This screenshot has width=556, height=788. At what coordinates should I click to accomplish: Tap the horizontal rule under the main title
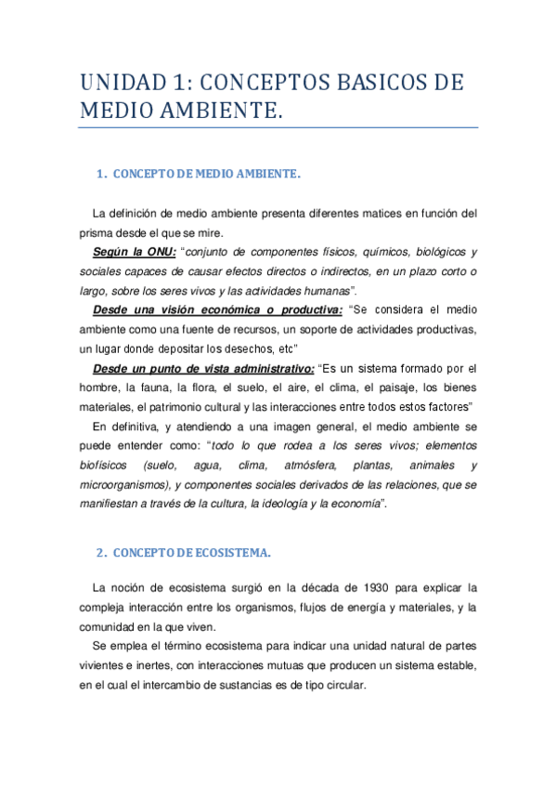(x=278, y=127)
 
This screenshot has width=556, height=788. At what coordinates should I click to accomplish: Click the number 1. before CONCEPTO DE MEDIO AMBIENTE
(x=102, y=175)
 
